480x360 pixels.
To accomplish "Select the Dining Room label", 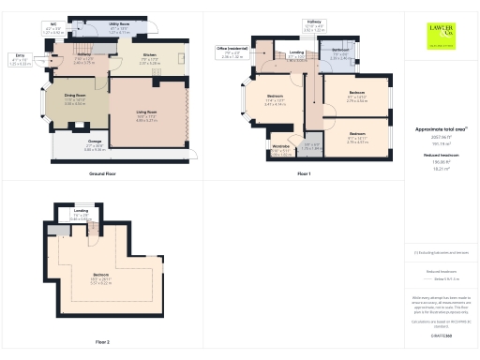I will click(x=75, y=96).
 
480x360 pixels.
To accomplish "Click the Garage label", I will click(x=95, y=142).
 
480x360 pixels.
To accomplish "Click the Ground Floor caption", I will click(x=102, y=174).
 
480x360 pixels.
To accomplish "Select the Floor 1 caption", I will click(x=303, y=174).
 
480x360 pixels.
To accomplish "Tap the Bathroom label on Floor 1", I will click(x=340, y=50).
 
